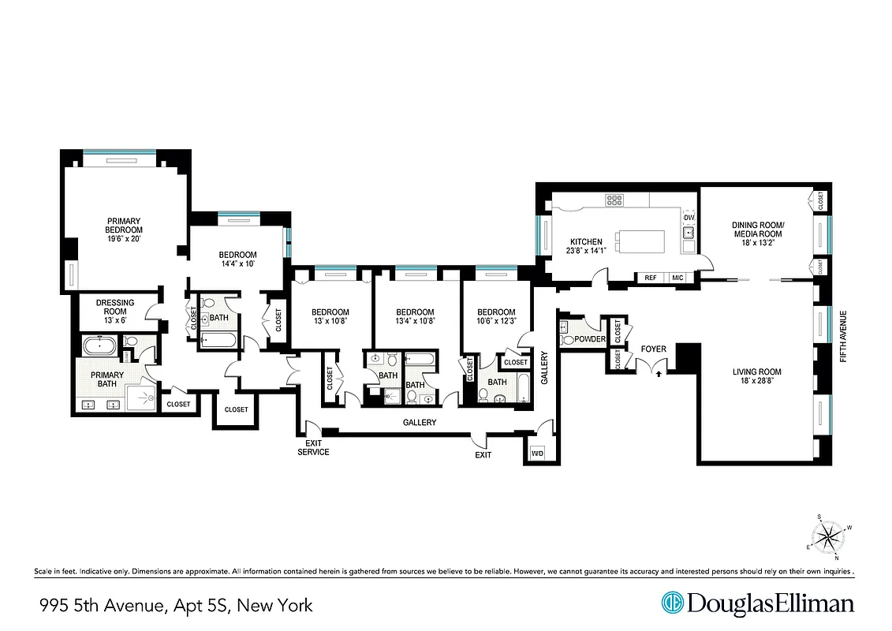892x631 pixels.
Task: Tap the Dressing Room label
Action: [115, 308]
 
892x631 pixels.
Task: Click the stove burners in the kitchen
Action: [614, 200]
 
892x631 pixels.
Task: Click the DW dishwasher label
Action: [689, 218]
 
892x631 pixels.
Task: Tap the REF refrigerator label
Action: [651, 278]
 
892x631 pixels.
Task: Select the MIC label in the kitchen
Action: [677, 278]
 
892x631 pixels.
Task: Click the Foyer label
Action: [653, 349]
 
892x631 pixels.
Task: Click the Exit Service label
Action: [313, 447]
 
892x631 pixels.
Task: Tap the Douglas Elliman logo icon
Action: [672, 603]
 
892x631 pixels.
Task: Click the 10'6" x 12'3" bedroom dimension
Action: [496, 321]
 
